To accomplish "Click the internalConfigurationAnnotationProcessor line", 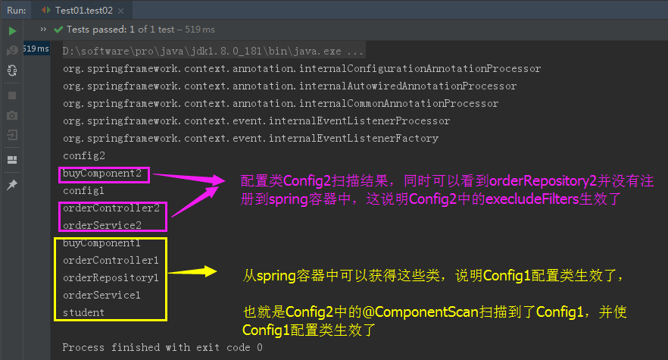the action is [x=301, y=68].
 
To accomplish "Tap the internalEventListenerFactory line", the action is [x=251, y=138].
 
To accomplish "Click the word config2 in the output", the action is [x=84, y=155].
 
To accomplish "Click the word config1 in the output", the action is [x=84, y=190].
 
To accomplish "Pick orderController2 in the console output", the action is [x=111, y=208].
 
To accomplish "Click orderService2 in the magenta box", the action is [x=102, y=225].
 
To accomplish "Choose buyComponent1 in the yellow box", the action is [x=102, y=243].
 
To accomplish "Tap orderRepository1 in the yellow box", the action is [x=111, y=277].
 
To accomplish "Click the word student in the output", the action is [x=84, y=312].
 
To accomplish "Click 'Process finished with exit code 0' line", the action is [x=162, y=347].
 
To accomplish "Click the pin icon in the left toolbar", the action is [x=12, y=185].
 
